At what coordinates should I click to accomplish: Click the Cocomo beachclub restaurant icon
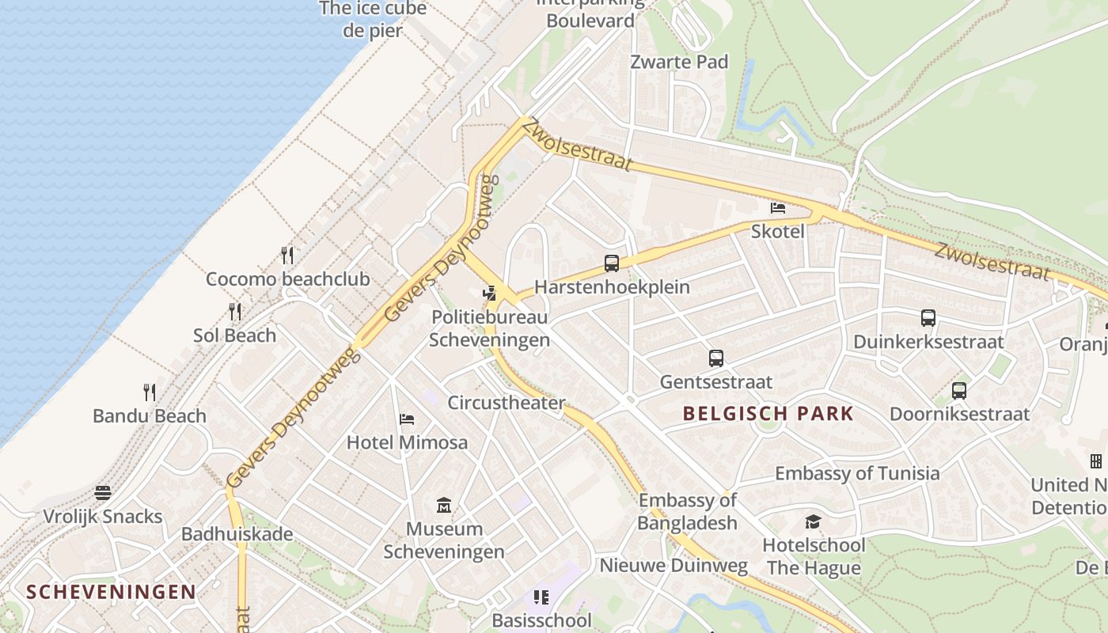(287, 255)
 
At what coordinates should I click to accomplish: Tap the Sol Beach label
(235, 335)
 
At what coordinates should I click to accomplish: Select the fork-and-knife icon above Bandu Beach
(149, 392)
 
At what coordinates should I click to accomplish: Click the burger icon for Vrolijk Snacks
(103, 493)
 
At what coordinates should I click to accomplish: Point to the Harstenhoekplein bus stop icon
(612, 263)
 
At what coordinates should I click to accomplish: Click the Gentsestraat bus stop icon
(716, 358)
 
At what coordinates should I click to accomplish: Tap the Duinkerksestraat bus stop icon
(928, 318)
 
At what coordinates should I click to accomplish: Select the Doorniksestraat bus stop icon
(959, 390)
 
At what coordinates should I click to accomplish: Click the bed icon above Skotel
(778, 208)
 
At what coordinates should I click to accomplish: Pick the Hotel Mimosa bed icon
(407, 419)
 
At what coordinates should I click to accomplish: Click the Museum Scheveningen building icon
(444, 505)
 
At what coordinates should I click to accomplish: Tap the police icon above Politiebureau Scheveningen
(490, 294)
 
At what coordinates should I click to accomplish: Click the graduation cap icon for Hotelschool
(813, 521)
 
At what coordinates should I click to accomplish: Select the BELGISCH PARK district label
(768, 413)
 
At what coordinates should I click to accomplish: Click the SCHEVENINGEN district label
(111, 592)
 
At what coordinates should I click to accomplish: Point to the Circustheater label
(507, 403)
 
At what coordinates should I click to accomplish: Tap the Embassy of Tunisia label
(857, 473)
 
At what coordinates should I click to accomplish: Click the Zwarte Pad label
(679, 62)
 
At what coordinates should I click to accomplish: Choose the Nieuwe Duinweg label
(674, 565)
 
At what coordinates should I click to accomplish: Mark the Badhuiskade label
(237, 534)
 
